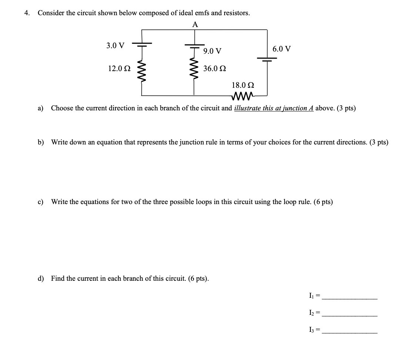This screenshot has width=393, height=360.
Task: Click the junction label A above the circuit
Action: (x=195, y=25)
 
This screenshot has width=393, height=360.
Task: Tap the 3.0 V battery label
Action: (x=115, y=46)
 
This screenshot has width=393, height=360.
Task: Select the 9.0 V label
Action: (x=212, y=51)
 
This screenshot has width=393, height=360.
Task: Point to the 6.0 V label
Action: (x=282, y=49)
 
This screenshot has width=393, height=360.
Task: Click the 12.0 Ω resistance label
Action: (x=119, y=69)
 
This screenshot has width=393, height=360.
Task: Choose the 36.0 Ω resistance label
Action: (x=215, y=69)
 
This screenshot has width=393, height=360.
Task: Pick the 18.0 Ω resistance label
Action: (x=243, y=85)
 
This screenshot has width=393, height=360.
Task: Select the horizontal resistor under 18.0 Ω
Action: (x=243, y=95)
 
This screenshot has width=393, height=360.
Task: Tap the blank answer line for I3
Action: (x=349, y=332)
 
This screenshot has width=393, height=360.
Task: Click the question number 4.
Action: (x=26, y=13)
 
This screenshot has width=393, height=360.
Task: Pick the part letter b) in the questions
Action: (x=41, y=142)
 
